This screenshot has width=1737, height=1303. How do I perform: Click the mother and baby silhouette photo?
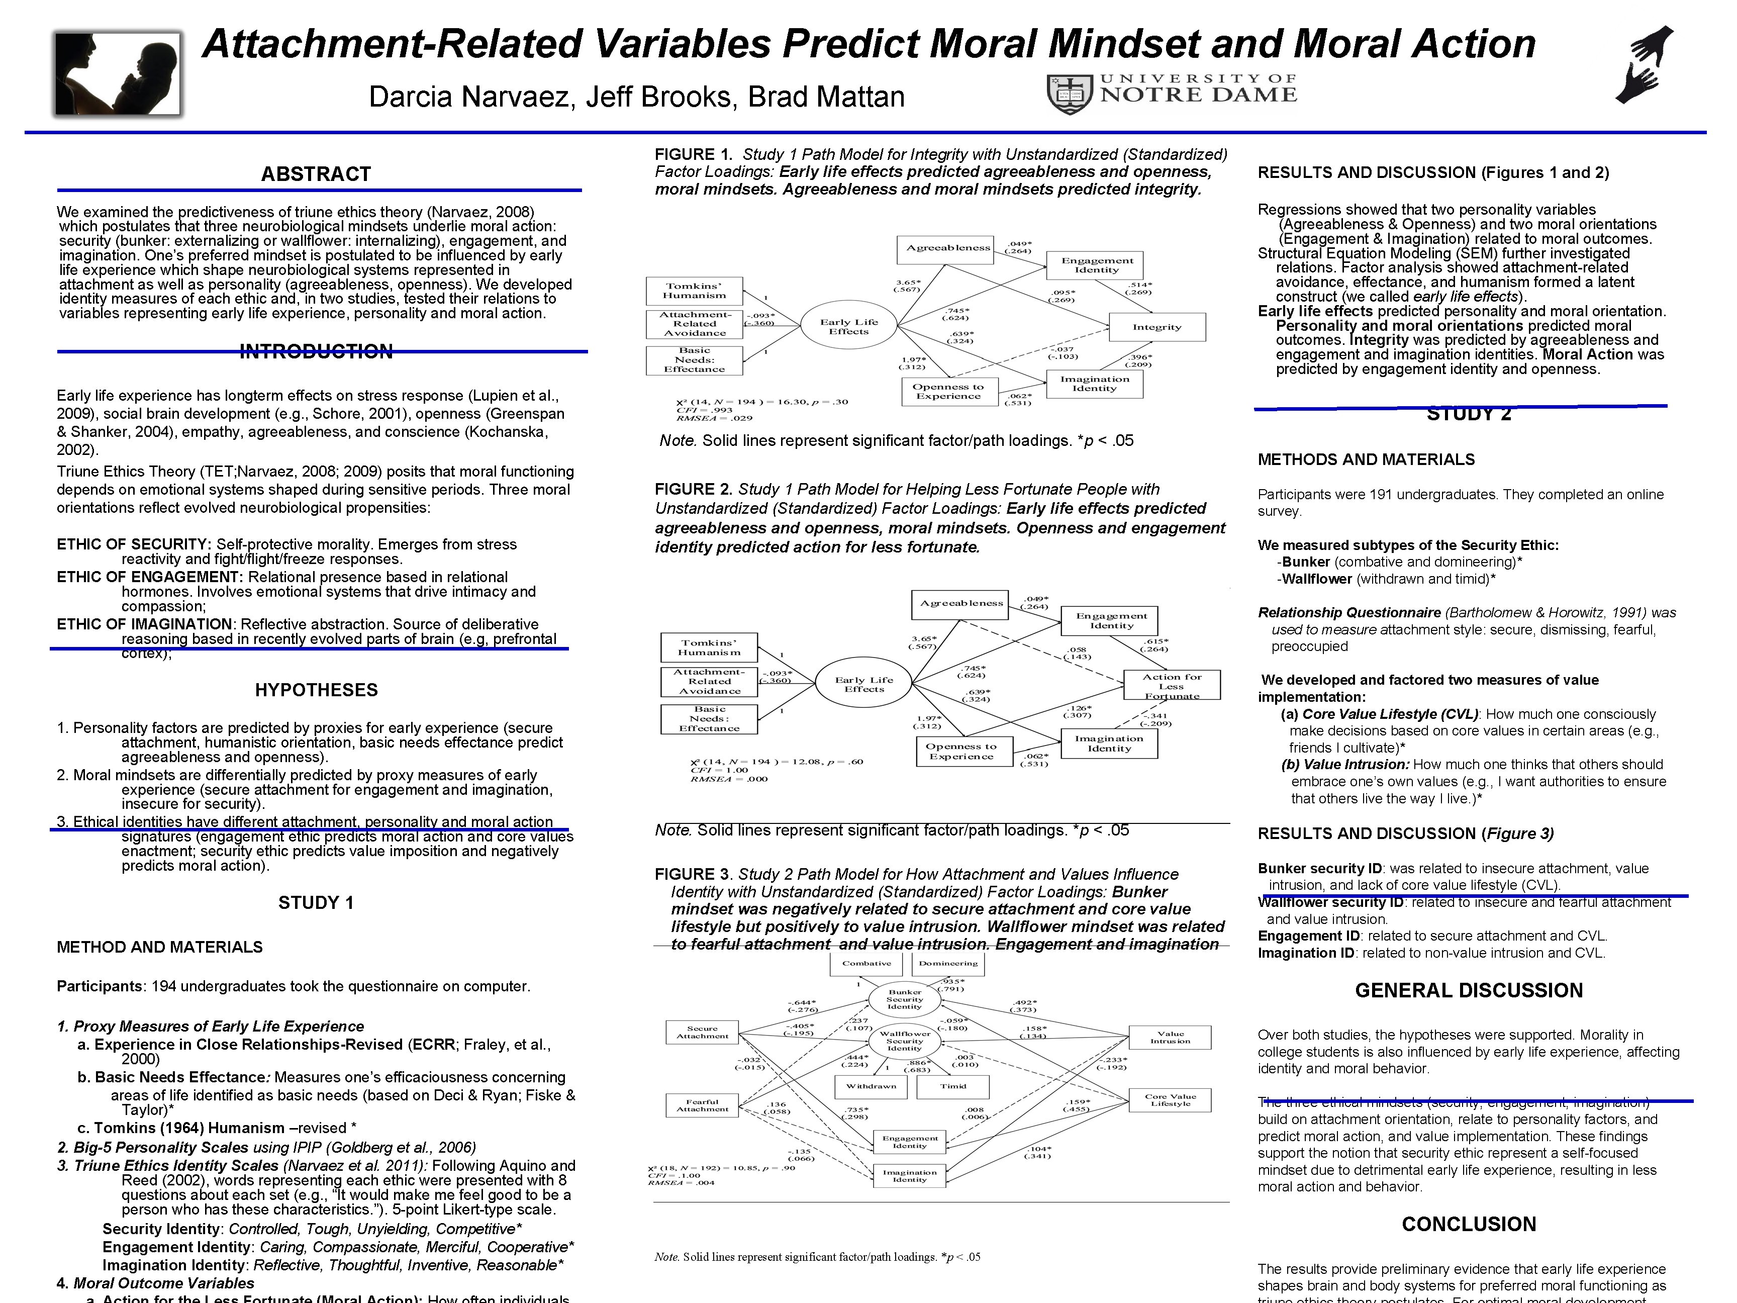[118, 74]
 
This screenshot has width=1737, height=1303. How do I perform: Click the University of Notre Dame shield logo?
[1068, 94]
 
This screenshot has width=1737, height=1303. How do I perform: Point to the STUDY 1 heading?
[316, 902]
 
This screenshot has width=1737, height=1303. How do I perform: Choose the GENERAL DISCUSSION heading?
[1469, 990]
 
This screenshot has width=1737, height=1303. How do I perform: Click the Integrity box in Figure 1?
[1156, 327]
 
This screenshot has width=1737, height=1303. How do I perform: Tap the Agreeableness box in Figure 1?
[948, 248]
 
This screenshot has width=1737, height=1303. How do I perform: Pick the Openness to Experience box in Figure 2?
[961, 752]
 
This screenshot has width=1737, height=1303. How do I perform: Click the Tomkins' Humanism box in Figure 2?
[709, 647]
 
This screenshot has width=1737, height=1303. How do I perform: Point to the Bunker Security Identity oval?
[905, 999]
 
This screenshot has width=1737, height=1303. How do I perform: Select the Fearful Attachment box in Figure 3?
[702, 1105]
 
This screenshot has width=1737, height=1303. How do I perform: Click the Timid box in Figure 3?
[953, 1086]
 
